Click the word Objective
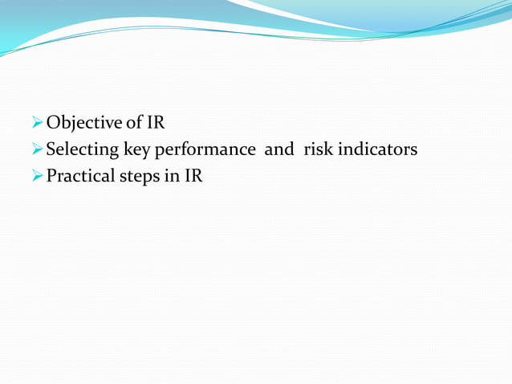click(x=83, y=124)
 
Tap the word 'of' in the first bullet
click(x=133, y=124)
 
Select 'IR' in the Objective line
click(x=156, y=124)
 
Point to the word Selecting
click(x=82, y=150)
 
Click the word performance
click(x=205, y=150)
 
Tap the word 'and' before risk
click(x=279, y=149)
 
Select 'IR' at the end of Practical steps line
click(x=194, y=176)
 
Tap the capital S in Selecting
click(x=51, y=149)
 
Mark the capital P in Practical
click(x=51, y=176)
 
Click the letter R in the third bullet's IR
click(x=197, y=176)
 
